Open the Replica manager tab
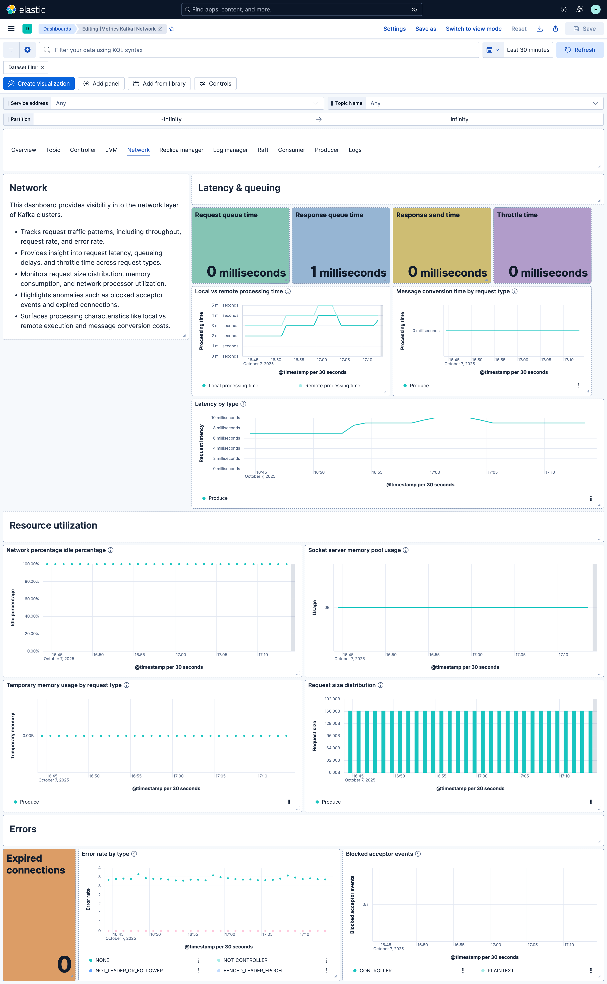(x=181, y=150)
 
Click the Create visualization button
(x=39, y=84)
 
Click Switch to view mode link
(x=473, y=29)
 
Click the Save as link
(x=426, y=29)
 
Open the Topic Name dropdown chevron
(x=595, y=103)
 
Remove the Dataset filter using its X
(x=43, y=68)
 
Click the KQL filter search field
(x=257, y=50)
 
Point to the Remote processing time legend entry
(x=332, y=386)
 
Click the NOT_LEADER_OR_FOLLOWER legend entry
(x=129, y=970)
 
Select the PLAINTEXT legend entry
(x=500, y=970)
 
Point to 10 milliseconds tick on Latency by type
(x=226, y=418)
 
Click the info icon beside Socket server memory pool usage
(x=405, y=550)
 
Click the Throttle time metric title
(x=517, y=215)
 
